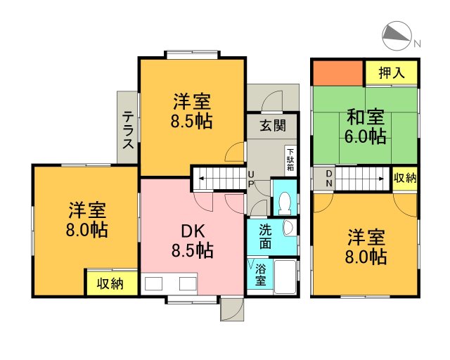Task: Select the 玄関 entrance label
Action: (273, 126)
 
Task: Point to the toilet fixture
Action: (285, 202)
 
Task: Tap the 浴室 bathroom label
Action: (260, 275)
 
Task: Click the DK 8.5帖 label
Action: (192, 239)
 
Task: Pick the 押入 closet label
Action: (391, 72)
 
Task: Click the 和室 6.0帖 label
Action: (364, 126)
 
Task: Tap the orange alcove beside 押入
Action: (337, 72)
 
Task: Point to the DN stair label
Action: (328, 179)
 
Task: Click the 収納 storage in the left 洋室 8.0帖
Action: (111, 283)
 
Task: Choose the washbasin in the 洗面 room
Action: (288, 228)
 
